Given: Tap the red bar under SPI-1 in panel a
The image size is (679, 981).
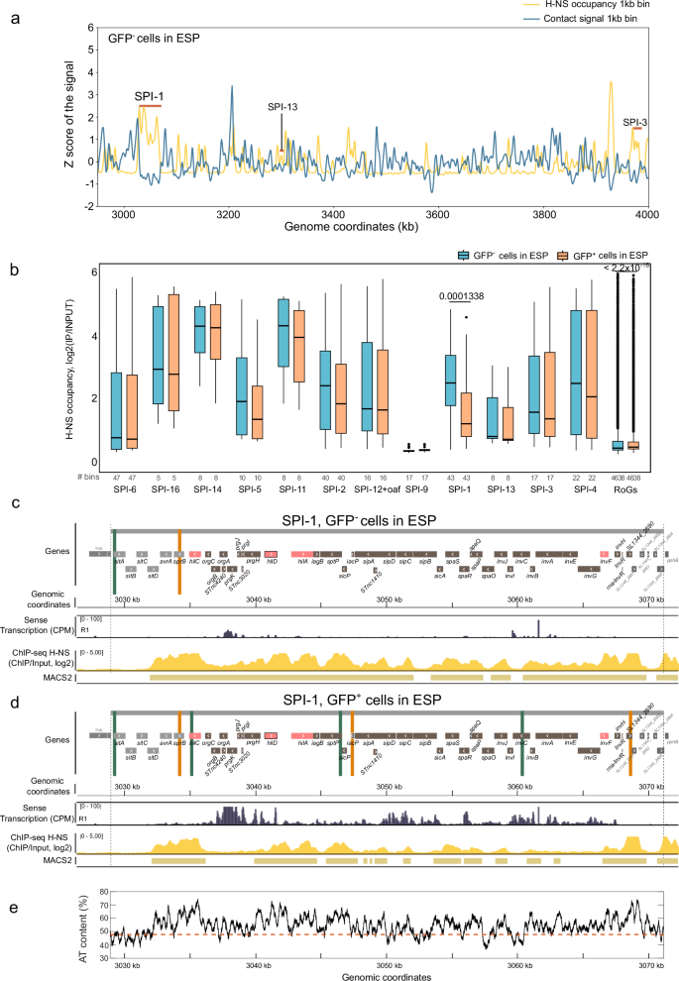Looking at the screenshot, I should pos(151,106).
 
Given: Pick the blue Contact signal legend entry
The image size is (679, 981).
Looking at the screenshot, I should pos(583,20).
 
